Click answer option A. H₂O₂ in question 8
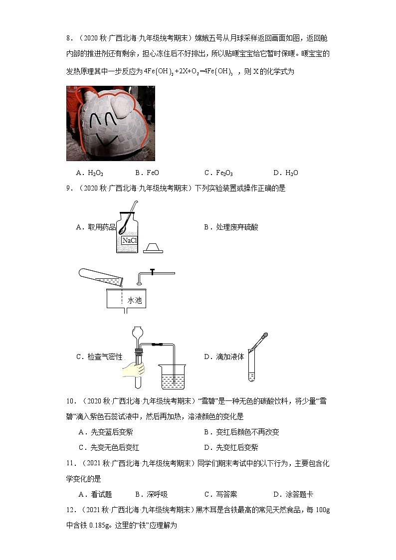(x=89, y=173)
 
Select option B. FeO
(x=147, y=173)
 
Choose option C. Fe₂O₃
(x=218, y=173)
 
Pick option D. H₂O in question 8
(x=286, y=173)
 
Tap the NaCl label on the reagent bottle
(x=130, y=240)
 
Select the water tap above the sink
(x=154, y=273)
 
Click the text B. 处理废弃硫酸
(x=231, y=227)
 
